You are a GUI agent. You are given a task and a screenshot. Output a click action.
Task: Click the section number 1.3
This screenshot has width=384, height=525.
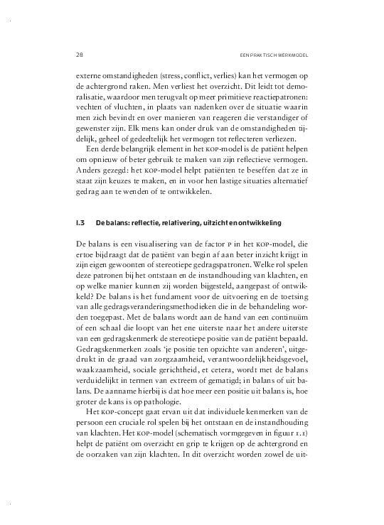coord(80,222)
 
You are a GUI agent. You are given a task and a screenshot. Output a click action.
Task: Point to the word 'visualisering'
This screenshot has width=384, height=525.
coord(154,246)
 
